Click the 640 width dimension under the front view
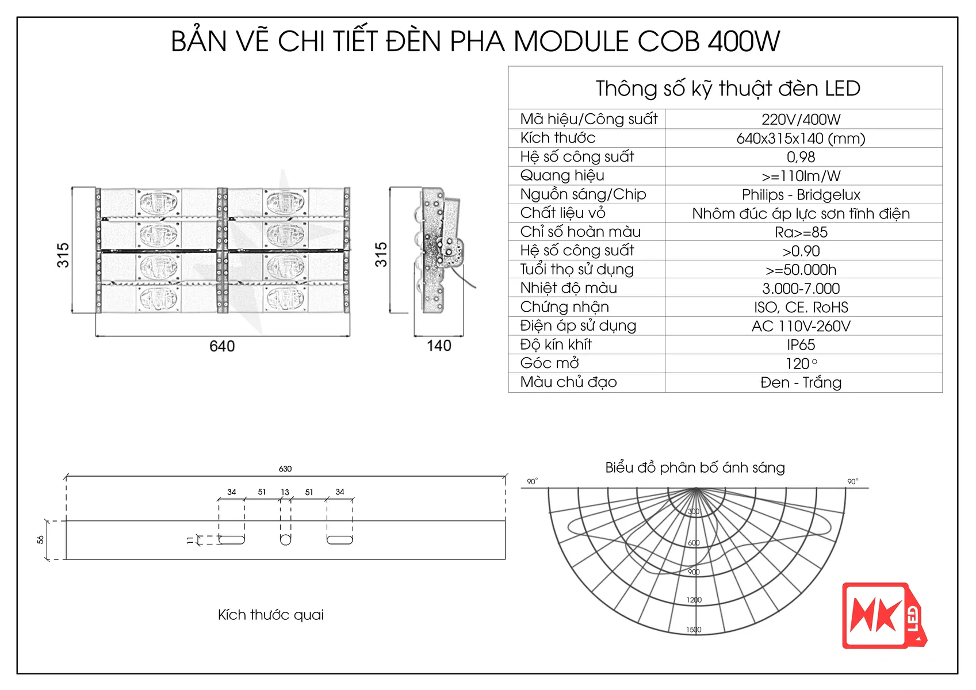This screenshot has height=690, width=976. tap(222, 346)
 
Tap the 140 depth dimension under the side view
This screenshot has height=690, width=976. tap(439, 346)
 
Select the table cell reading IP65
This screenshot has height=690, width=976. tap(801, 345)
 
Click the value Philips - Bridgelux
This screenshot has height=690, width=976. tap(801, 195)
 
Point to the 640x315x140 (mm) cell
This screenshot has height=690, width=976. tap(801, 139)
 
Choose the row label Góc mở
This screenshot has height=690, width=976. tap(549, 363)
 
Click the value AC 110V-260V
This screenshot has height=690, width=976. tap(801, 326)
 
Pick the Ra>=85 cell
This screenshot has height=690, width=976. tap(801, 232)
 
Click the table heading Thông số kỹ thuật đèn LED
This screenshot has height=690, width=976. tap(728, 89)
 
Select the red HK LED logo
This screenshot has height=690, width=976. tap(883, 616)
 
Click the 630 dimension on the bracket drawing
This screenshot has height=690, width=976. tap(285, 469)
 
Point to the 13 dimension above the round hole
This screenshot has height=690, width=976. tap(285, 492)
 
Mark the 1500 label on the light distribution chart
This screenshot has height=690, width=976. tap(694, 630)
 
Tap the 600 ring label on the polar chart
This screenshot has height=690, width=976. tap(694, 543)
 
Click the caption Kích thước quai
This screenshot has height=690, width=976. tap(270, 615)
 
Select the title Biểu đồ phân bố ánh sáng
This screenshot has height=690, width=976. tap(695, 467)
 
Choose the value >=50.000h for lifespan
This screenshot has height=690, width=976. tap(801, 270)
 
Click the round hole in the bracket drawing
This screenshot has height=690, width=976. tap(285, 539)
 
